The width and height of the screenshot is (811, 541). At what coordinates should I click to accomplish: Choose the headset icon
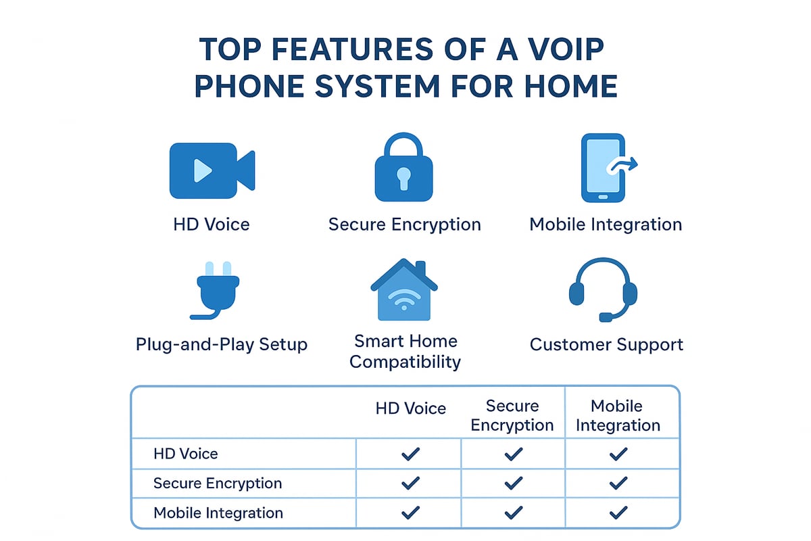(x=603, y=289)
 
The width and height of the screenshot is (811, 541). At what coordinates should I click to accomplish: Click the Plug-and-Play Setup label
(x=222, y=344)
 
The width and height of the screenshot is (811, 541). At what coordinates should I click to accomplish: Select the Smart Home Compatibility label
(x=405, y=352)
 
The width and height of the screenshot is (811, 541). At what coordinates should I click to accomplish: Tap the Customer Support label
(x=606, y=344)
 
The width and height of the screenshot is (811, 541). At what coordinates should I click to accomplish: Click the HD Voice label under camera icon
(x=212, y=225)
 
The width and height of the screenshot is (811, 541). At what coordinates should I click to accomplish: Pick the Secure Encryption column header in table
(x=512, y=415)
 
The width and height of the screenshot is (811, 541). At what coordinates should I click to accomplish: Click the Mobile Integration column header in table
(x=616, y=415)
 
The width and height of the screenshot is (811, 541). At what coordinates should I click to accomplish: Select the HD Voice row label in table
(x=186, y=454)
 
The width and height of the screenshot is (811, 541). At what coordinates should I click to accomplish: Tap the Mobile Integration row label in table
(x=217, y=513)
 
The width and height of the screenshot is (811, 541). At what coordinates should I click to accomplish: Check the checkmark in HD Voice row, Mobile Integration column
(x=618, y=454)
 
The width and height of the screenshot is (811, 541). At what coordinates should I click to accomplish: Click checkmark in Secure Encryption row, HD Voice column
(x=410, y=484)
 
